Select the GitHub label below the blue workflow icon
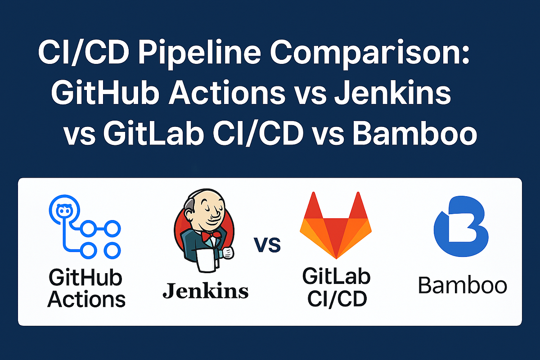85,279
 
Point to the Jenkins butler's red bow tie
211,235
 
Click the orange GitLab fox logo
336,227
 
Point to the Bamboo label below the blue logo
462,285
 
